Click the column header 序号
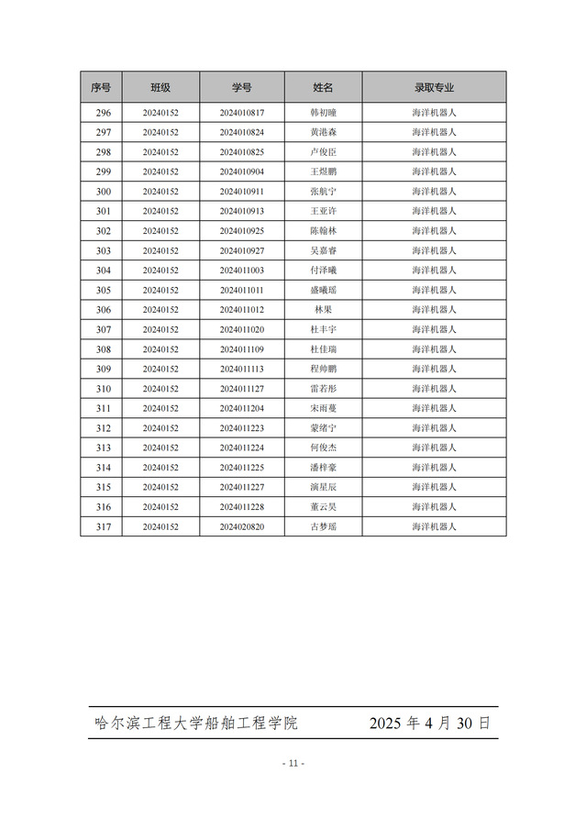point(101,87)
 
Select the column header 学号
point(241,87)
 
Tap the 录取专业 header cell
point(434,87)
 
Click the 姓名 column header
point(323,87)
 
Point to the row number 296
point(103,113)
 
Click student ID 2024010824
point(242,132)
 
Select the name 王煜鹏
point(324,171)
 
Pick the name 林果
point(324,310)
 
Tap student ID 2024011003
point(242,271)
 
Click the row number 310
point(103,389)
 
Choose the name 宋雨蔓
point(324,408)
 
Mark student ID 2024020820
point(242,527)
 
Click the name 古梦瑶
point(324,527)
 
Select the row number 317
point(103,527)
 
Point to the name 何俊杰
point(324,448)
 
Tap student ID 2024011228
point(242,507)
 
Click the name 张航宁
point(324,192)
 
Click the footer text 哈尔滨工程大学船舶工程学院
point(196,723)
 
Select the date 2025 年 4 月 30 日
point(429,723)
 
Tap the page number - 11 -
point(293,763)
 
